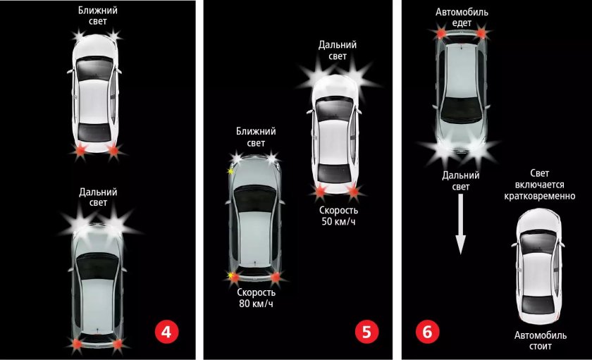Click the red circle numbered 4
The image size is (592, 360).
pos(166,332)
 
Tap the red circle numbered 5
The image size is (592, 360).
pos(366,332)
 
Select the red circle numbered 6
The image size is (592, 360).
pos(427,332)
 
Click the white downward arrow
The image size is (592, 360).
pos(461,224)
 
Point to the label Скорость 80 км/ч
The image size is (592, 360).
pos(256,298)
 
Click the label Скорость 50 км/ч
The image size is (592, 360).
pos(338,216)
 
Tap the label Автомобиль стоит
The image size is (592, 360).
pos(541,341)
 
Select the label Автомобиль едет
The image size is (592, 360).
pos(462,18)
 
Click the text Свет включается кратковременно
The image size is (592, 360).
pos(540,185)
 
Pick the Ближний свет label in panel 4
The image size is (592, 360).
pos(98,15)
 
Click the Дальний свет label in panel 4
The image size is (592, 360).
pos(98,197)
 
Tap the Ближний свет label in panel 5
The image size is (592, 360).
pos(256,137)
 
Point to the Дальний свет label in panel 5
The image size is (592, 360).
pos(337,50)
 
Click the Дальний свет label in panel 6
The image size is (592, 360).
pos(461,181)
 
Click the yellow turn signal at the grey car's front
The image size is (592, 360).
pos(230,171)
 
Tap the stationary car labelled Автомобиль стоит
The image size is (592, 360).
pos(538,266)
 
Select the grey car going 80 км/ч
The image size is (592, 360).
pos(255,219)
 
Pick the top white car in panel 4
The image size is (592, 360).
pos(95,94)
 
